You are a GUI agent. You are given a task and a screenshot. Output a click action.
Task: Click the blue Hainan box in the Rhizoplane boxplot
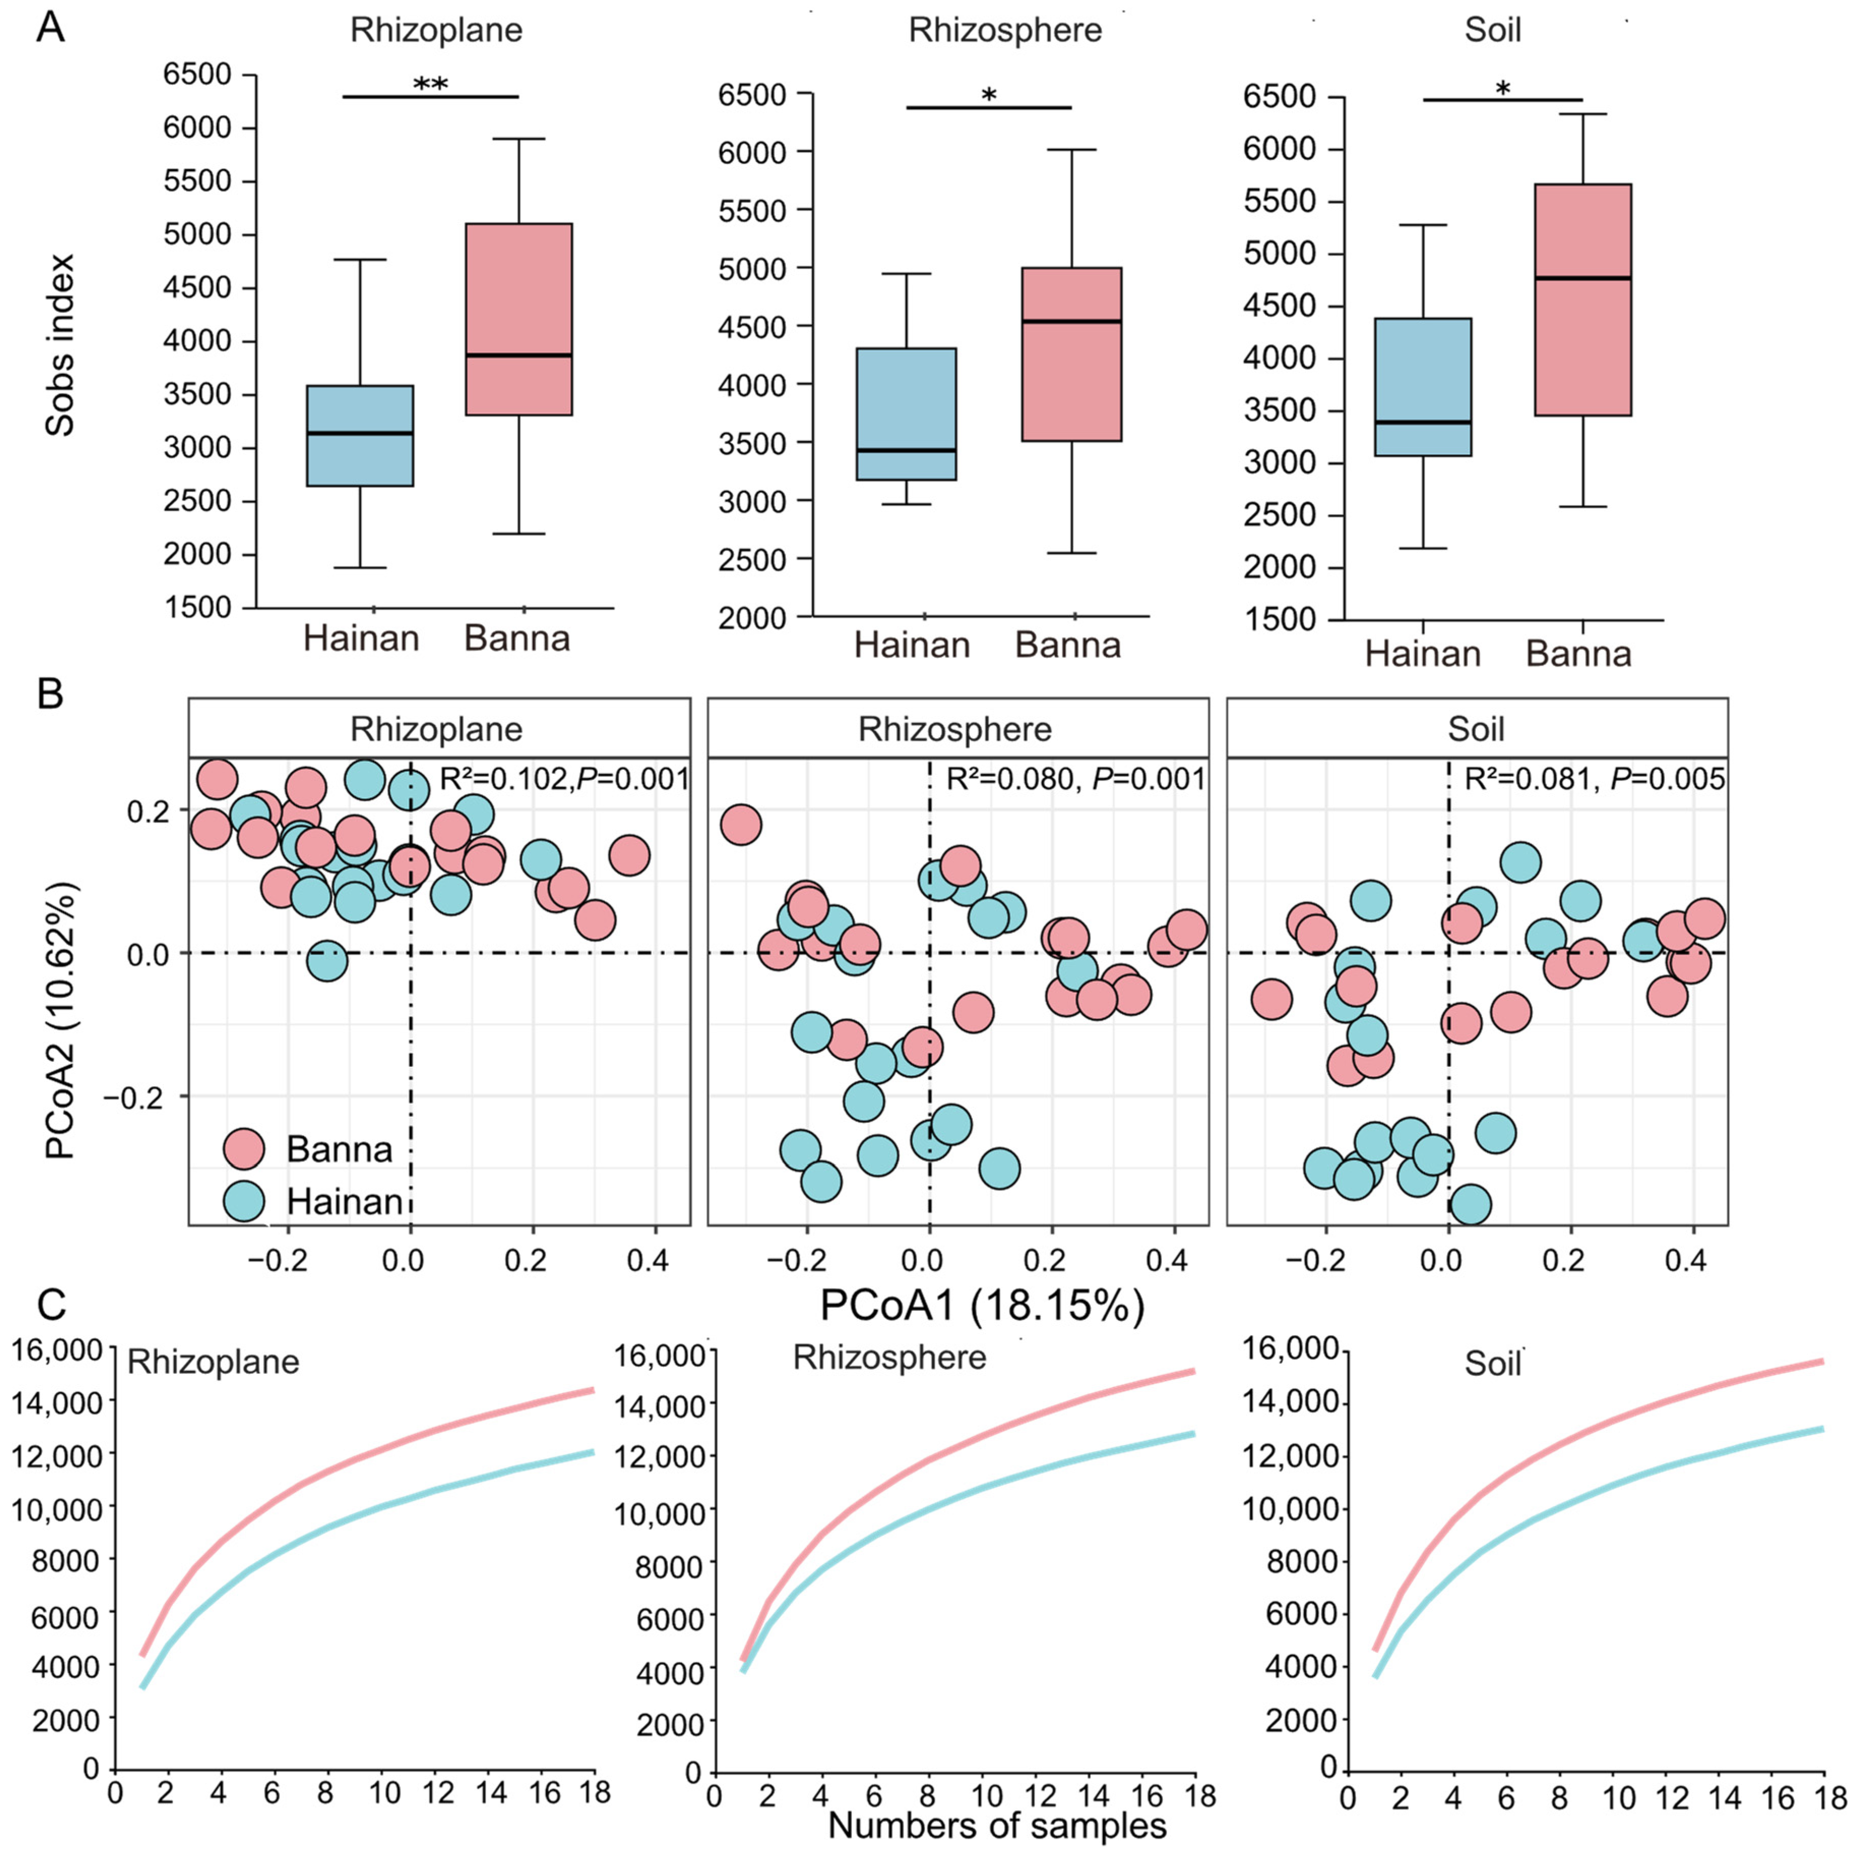360,435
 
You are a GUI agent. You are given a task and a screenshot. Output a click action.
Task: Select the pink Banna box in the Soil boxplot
1582,299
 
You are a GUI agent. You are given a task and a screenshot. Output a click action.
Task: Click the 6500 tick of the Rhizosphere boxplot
752,95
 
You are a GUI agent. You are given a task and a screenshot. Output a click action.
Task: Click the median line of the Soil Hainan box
1423,421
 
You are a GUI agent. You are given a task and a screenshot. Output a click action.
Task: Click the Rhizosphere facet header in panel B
956,729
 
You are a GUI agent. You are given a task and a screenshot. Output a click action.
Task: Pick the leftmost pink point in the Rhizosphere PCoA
741,824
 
